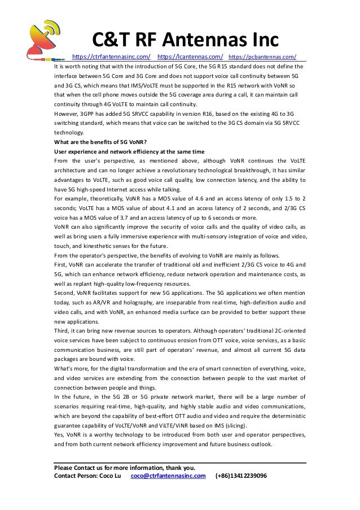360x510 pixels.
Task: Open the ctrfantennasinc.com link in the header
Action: tap(112, 56)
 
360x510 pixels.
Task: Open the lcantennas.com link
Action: tap(190, 56)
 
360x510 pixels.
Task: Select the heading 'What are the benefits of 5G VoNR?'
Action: tap(99, 142)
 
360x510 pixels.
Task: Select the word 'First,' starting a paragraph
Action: tap(61, 265)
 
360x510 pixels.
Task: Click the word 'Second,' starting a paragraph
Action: tap(65, 294)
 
